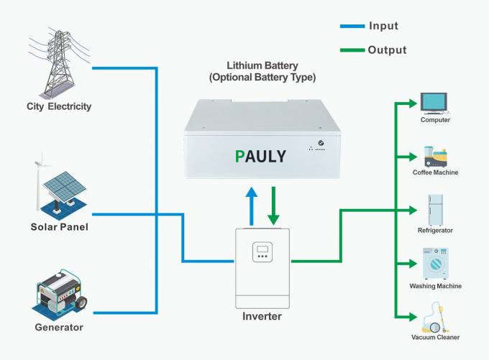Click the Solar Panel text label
click(59, 228)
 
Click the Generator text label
click(59, 328)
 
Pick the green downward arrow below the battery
click(273, 205)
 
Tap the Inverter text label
click(262, 316)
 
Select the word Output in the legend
click(387, 50)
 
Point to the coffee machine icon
click(435, 156)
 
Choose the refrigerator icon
click(435, 208)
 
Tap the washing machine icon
click(435, 264)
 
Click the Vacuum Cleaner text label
click(436, 337)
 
